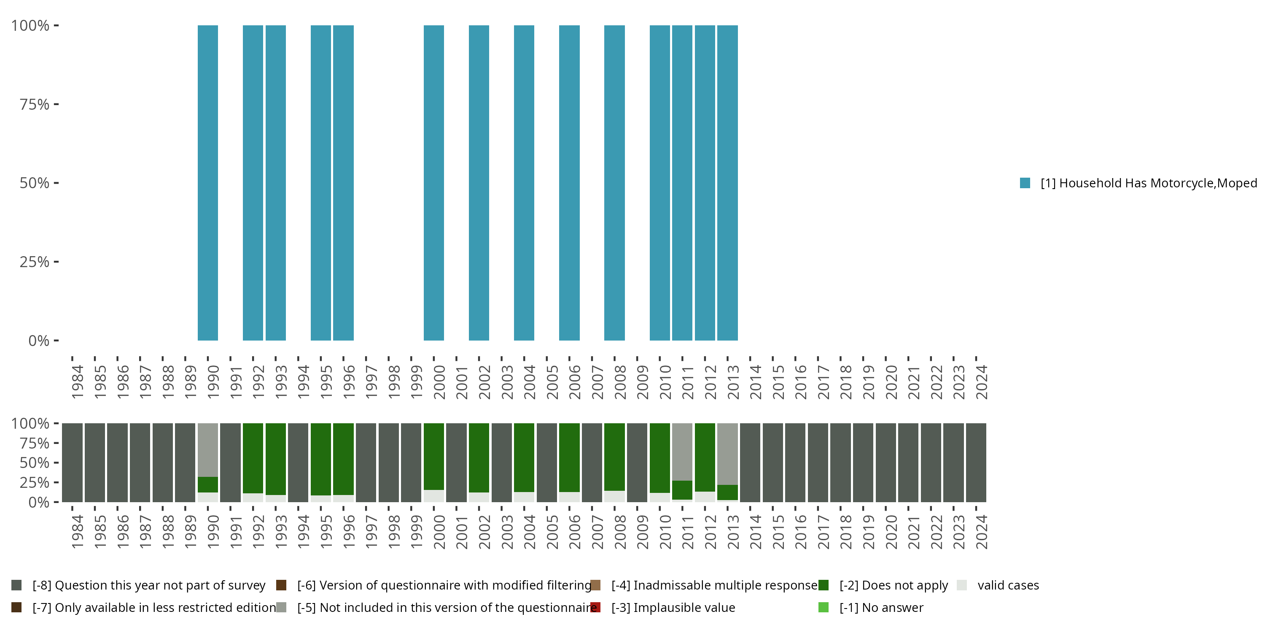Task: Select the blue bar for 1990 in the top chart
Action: point(208,183)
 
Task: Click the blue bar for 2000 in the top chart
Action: point(433,183)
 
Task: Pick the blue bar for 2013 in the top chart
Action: point(727,183)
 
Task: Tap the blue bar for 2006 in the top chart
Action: point(569,183)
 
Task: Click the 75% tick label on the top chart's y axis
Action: point(35,104)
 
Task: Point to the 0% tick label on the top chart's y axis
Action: point(39,341)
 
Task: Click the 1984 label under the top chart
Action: point(77,382)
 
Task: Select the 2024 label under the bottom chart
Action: point(981,532)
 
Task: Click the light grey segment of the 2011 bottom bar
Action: point(682,451)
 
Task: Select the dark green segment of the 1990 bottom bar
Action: point(208,484)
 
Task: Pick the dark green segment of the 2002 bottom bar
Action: point(479,457)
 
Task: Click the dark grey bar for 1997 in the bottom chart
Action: point(366,463)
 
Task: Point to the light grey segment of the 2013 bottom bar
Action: point(727,453)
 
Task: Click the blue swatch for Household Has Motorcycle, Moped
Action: point(1025,183)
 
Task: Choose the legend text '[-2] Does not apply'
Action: point(894,585)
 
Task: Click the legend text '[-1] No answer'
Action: point(881,607)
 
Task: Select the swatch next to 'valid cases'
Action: point(962,585)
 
